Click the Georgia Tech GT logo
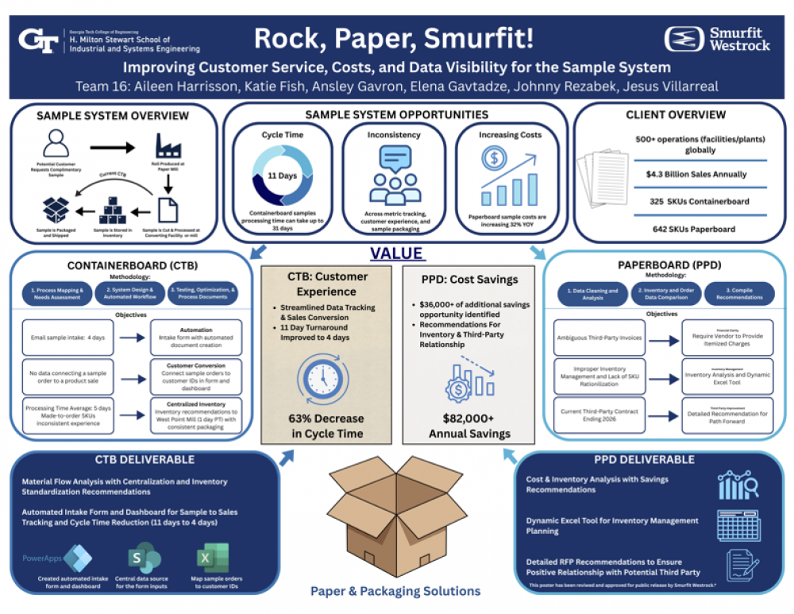(40, 39)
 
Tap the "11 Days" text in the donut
(282, 176)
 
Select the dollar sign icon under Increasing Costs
(494, 159)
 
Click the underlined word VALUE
(396, 255)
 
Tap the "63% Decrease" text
(326, 419)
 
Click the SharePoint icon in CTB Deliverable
(145, 558)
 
